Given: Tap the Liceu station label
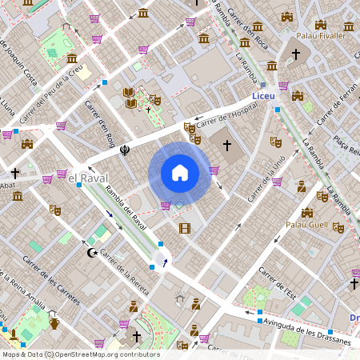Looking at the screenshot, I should point(263,96).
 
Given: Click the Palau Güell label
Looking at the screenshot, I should point(308,226).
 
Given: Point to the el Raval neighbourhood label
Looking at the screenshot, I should point(82,178).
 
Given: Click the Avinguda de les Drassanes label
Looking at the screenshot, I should point(308,330).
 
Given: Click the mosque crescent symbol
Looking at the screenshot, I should point(91,253).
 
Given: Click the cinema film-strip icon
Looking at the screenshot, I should point(186,229).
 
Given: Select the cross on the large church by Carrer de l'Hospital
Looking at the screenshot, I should point(227,146).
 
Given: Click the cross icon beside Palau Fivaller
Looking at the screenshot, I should point(296,54).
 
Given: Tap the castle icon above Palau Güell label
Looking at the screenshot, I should point(307,213).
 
